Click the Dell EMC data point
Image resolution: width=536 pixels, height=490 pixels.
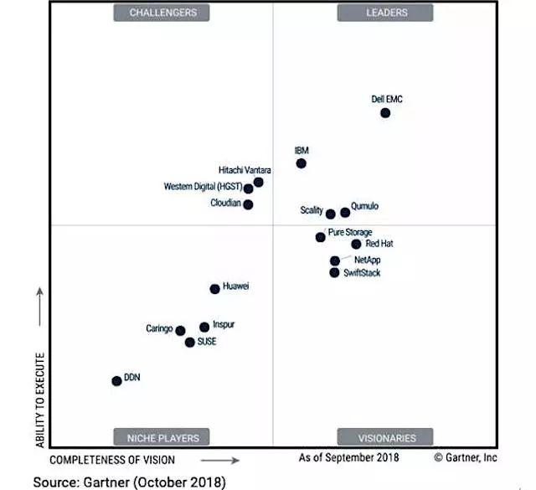pyautogui.click(x=385, y=113)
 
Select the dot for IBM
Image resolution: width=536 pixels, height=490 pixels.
pyautogui.click(x=301, y=163)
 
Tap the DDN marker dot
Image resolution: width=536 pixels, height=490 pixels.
pyautogui.click(x=116, y=381)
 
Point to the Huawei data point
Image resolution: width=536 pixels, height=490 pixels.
pyautogui.click(x=214, y=289)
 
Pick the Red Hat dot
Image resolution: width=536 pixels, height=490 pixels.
pyautogui.click(x=356, y=244)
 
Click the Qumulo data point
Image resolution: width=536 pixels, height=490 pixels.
pyautogui.click(x=345, y=213)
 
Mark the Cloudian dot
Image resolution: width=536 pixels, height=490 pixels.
pyautogui.click(x=248, y=204)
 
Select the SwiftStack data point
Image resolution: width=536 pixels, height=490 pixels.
pyautogui.click(x=335, y=272)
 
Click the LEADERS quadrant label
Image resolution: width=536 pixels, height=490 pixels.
pyautogui.click(x=386, y=13)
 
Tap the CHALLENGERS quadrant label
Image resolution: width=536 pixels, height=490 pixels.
pyautogui.click(x=163, y=13)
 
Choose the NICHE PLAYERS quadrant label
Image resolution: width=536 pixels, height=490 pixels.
pyautogui.click(x=163, y=437)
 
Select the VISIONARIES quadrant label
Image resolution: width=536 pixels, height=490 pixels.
pyautogui.click(x=386, y=437)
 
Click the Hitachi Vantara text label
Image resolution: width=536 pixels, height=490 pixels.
pyautogui.click(x=245, y=171)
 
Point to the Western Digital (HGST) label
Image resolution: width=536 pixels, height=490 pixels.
pyautogui.click(x=203, y=186)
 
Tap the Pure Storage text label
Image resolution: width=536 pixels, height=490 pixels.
pyautogui.click(x=350, y=232)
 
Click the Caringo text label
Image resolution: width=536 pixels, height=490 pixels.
pyautogui.click(x=159, y=329)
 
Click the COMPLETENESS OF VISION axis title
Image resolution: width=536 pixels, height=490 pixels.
pyautogui.click(x=112, y=460)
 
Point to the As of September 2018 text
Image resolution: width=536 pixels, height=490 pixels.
pyautogui.click(x=349, y=458)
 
